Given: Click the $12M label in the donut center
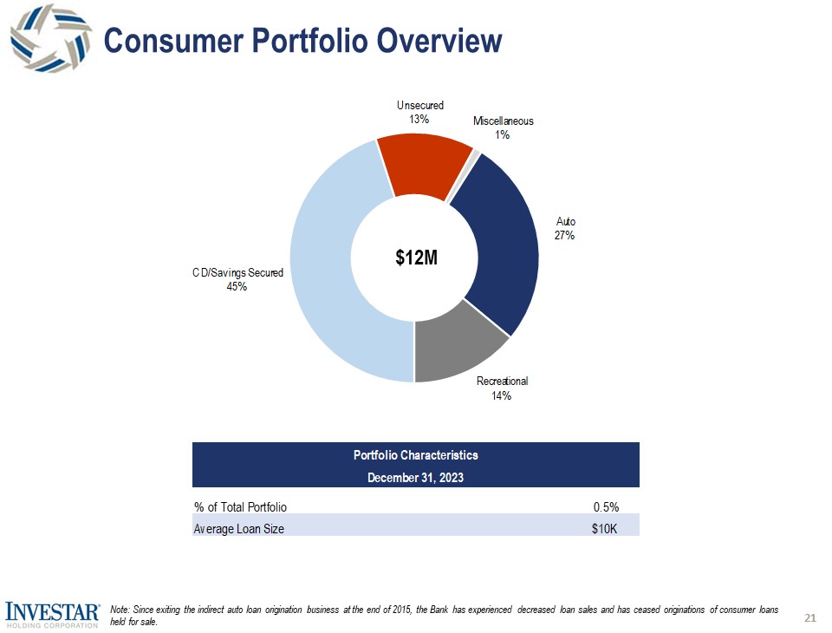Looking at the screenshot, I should point(415,258).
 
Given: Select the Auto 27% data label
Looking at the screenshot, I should point(565,228).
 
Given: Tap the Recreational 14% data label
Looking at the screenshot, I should point(502,388).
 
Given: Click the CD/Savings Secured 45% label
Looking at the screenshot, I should point(237,280).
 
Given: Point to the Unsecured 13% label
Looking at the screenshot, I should point(419,112).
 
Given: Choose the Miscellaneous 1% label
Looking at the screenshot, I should point(503,127).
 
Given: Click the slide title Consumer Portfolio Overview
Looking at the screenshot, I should point(302,41).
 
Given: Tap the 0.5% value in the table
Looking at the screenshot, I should point(605,506).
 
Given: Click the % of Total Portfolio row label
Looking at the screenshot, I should point(240,506).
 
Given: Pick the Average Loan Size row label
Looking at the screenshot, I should point(238,529).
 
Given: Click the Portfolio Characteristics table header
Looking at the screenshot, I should point(415,454).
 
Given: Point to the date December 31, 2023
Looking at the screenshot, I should point(415,476).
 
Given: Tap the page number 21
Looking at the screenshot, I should point(810,617).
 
